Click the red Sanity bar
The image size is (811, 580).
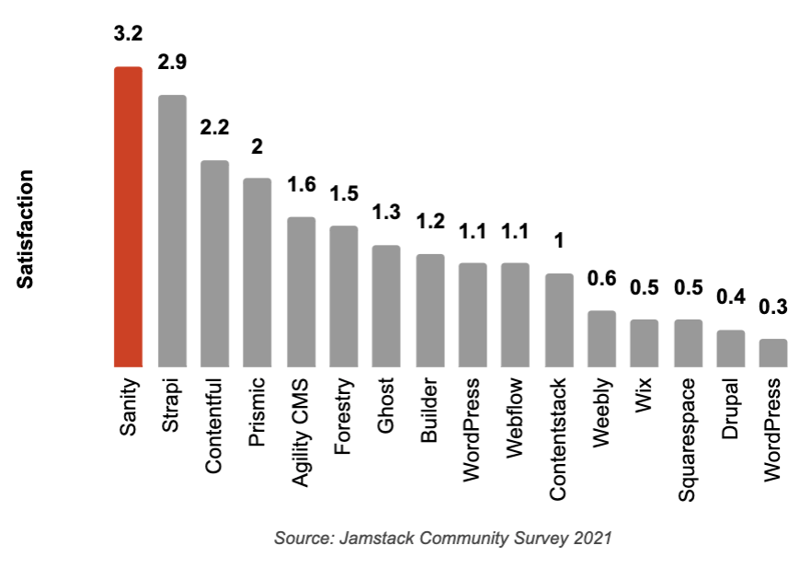[x=128, y=217]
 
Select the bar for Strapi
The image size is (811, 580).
[x=172, y=231]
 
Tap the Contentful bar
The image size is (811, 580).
[x=214, y=264]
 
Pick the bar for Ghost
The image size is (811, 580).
[x=385, y=307]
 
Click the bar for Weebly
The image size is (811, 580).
[x=601, y=339]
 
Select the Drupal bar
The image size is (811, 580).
[x=730, y=349]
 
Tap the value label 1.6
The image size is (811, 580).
[x=301, y=184]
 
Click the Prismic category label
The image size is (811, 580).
[x=257, y=412]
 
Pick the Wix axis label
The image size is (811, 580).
[x=644, y=395]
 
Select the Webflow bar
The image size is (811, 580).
[x=515, y=315]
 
